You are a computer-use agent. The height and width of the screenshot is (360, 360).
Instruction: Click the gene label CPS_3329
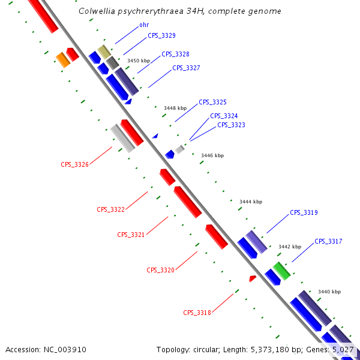[x=161, y=36]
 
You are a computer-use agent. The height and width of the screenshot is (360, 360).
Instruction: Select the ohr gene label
[x=144, y=25]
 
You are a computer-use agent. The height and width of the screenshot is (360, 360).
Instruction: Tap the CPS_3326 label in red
[x=74, y=164]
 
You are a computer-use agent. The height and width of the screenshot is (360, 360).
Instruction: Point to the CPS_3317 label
[x=328, y=241]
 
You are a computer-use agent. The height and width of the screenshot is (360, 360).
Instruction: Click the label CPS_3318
[x=197, y=313]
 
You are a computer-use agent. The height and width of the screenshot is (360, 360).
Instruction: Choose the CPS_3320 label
[x=160, y=271]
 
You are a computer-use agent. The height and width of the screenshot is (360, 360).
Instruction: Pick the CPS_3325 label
[x=212, y=103]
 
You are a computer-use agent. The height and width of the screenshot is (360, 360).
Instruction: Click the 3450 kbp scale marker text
[x=139, y=61]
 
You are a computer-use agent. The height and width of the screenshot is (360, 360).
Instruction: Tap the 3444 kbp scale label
[x=251, y=202]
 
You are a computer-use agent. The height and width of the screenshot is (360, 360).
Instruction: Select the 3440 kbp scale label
[x=329, y=292]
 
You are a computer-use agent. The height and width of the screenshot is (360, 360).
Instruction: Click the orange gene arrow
[x=62, y=59]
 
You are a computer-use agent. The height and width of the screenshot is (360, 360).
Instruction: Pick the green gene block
[x=281, y=270]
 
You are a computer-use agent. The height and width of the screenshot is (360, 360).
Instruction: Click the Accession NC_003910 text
[x=46, y=349]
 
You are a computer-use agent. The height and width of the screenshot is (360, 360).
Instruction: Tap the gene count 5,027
[x=344, y=349]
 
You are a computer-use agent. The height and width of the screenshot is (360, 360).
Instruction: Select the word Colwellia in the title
[x=98, y=11]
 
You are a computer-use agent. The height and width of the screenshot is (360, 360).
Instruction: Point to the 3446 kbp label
[x=212, y=155]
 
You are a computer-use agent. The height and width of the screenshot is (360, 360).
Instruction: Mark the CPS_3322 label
[x=110, y=209]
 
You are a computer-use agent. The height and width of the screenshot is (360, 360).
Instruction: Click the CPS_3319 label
[x=304, y=212]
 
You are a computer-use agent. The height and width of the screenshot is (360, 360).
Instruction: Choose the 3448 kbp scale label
[x=175, y=108]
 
